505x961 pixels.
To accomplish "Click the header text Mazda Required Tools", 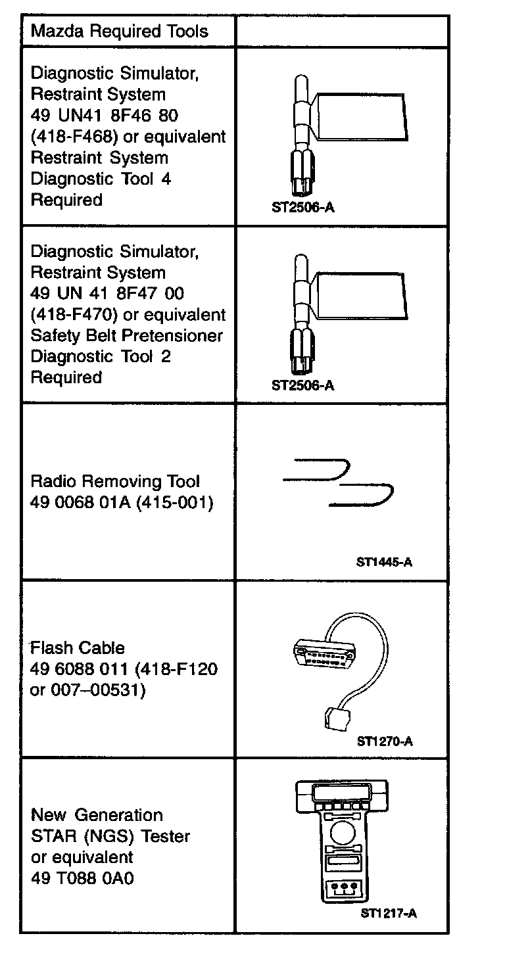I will pos(119,31).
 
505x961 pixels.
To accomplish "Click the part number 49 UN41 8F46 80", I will pos(105,115).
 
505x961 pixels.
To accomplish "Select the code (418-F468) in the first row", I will pos(74,137).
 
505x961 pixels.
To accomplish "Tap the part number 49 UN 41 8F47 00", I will pos(107,294).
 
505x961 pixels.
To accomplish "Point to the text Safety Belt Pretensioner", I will pos(127,335).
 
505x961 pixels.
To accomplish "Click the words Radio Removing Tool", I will pos(115,482).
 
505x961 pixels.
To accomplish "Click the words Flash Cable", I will pos(77,648).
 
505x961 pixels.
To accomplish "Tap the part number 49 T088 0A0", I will pos(82,878).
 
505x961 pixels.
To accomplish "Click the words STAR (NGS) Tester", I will pos(110,836).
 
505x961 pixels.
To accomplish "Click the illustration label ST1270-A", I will pos(385,741).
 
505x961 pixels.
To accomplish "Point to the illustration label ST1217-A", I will pos(389,913).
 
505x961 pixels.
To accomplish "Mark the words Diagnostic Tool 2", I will pos(91,356).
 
